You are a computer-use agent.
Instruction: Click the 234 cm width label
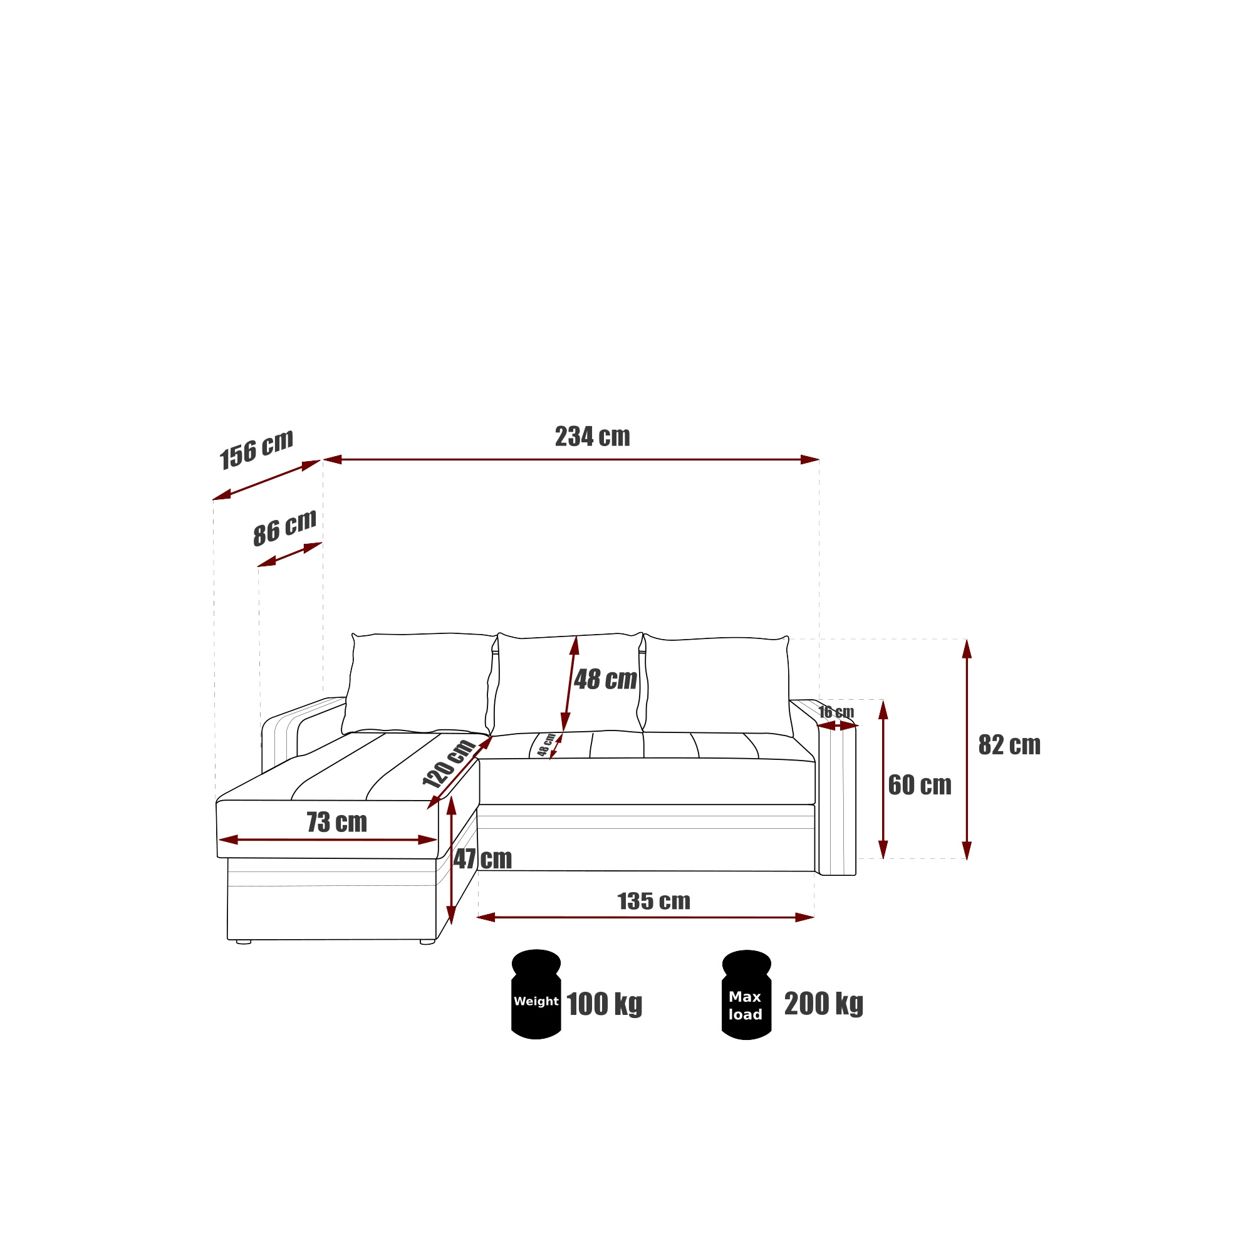(592, 437)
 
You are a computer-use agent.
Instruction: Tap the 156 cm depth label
(257, 449)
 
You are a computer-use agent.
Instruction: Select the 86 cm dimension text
(284, 528)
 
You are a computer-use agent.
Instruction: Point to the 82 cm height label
(1009, 745)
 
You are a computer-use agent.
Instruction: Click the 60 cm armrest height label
(920, 786)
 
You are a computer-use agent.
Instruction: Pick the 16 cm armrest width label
(836, 712)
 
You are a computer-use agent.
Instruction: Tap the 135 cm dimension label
(653, 902)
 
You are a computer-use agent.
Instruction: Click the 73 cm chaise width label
(336, 823)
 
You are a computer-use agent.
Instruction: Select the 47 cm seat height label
(482, 860)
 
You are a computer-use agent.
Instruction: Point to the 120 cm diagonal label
(449, 763)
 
